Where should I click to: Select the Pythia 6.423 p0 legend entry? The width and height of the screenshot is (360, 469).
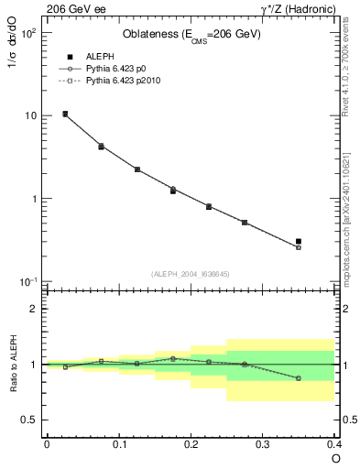click(103, 68)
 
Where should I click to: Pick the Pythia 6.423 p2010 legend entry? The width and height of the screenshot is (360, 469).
click(108, 80)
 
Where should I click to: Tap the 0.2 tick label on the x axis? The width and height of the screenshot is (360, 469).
click(191, 444)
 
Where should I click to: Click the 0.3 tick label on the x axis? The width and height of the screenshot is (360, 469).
click(263, 444)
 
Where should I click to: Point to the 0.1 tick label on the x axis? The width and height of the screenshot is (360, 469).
click(118, 444)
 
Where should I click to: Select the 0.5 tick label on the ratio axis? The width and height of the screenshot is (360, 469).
click(29, 420)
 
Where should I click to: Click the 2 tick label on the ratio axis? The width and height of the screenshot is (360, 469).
click(34, 309)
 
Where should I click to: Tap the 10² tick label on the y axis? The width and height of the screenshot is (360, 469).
click(27, 33)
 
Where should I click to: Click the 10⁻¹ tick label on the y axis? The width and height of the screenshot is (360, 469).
click(27, 281)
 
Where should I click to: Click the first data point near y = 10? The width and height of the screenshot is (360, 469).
click(65, 115)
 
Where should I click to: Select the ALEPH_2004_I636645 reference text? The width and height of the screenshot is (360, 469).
click(191, 274)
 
